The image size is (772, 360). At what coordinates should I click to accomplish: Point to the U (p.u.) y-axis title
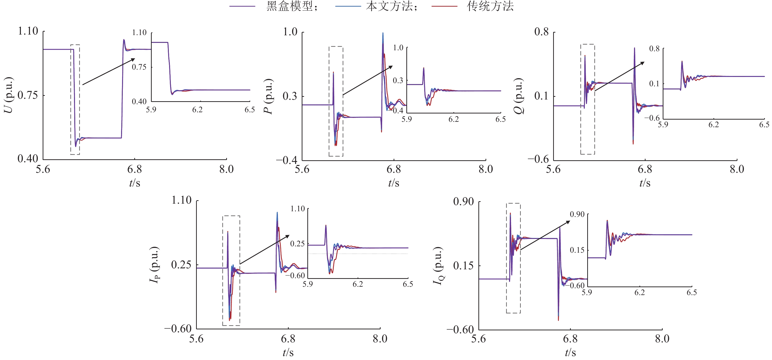[9, 95]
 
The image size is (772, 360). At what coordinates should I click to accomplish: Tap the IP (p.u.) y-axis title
[155, 265]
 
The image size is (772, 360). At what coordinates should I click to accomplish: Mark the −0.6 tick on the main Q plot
[538, 159]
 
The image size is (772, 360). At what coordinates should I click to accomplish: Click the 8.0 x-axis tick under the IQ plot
[662, 339]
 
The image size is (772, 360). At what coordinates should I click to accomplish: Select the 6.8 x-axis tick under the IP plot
[288, 339]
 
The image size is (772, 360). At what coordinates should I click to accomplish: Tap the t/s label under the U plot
[135, 183]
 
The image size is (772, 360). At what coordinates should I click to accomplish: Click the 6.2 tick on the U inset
[198, 110]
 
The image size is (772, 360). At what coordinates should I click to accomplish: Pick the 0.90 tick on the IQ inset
[577, 214]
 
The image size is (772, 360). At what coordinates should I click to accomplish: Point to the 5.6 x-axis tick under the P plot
[302, 169]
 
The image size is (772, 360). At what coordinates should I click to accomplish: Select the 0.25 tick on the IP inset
[297, 244]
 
